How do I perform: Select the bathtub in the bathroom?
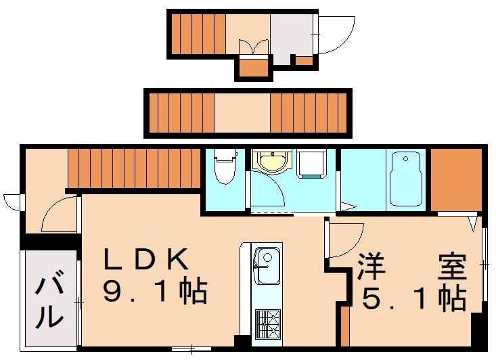click(x=405, y=179)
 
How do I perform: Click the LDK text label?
click(x=144, y=259)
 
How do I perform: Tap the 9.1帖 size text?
click(x=154, y=292)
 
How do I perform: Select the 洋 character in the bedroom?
click(x=371, y=266)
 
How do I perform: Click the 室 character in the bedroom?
click(x=451, y=266)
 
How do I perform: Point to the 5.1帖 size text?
click(x=413, y=298)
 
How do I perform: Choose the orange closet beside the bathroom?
click(x=455, y=179)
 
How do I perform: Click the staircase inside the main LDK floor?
click(x=134, y=167)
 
